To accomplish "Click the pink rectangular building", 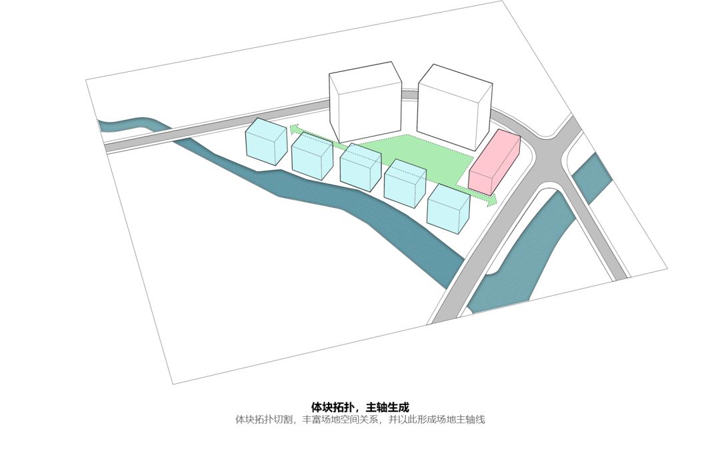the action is click(x=494, y=162).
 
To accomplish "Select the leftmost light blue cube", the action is click(x=266, y=141).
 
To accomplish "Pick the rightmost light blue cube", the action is click(x=448, y=209).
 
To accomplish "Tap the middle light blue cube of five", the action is click(x=361, y=167).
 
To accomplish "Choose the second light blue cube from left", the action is click(x=312, y=159).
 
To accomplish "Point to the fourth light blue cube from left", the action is click(x=405, y=183).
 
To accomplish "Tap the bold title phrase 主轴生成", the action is click(x=387, y=407).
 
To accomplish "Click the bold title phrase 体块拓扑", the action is click(x=332, y=407).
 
